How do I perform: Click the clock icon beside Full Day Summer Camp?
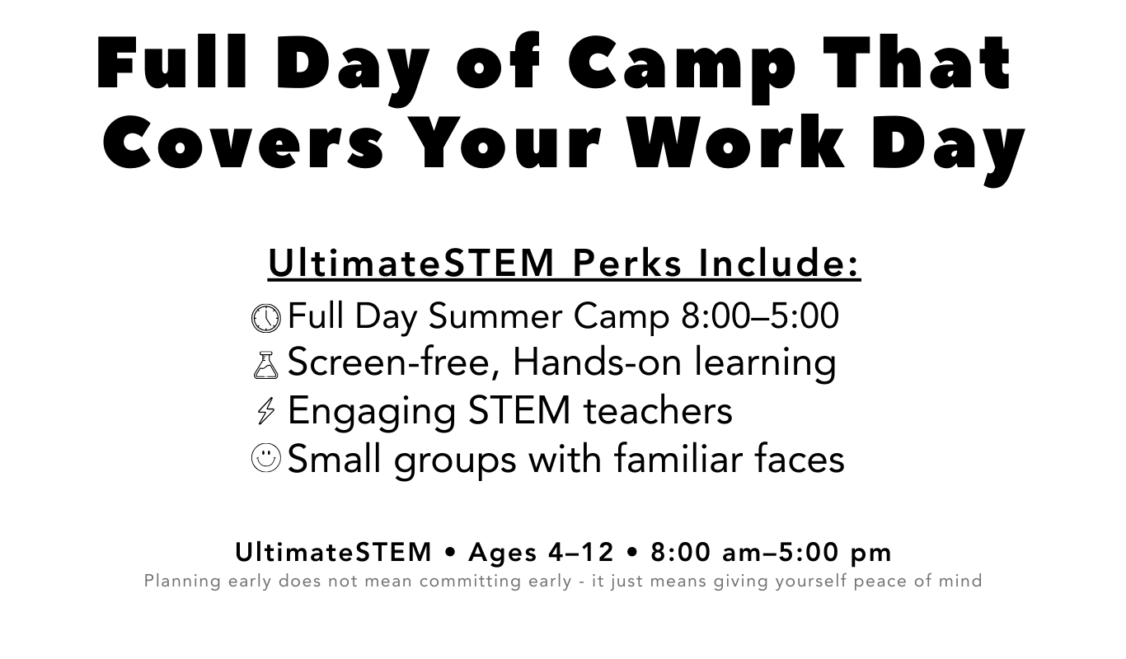pos(266,318)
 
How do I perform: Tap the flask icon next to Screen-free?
pos(266,365)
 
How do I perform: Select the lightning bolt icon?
pos(266,411)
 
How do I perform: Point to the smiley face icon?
pos(266,457)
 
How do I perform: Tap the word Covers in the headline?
pos(243,142)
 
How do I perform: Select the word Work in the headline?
pos(737,141)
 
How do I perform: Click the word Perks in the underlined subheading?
pos(626,263)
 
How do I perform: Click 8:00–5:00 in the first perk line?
pos(759,316)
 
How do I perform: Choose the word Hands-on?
pos(597,362)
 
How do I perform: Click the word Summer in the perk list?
pos(495,316)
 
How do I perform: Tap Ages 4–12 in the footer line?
pos(541,552)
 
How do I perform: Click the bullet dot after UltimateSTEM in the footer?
pos(450,553)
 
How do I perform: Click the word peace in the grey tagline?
pos(880,581)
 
